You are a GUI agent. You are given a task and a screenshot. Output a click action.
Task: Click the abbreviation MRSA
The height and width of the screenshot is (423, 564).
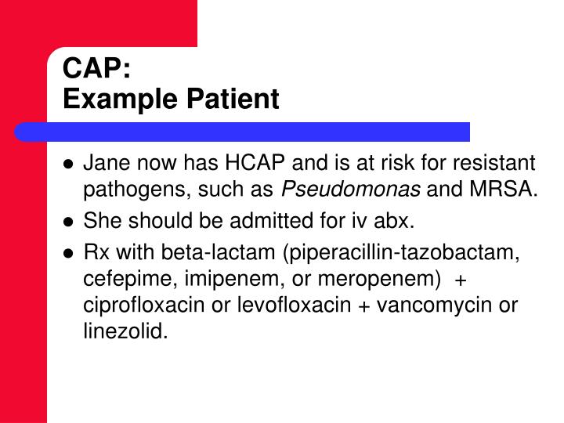click(508, 189)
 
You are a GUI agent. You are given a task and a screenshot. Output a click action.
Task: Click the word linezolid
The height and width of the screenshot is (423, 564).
click(124, 331)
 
